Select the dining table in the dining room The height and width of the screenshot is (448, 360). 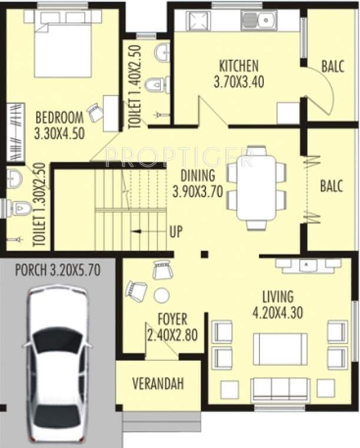(x=256, y=188)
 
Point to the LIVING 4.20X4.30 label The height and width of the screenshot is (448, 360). (x=278, y=305)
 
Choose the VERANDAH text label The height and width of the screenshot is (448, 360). (x=158, y=384)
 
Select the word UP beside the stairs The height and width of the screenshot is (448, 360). (x=175, y=232)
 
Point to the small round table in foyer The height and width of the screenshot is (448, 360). (x=161, y=295)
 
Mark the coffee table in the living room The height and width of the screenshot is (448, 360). (x=280, y=349)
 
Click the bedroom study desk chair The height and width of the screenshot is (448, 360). (x=95, y=112)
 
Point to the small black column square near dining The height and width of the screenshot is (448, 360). (x=204, y=255)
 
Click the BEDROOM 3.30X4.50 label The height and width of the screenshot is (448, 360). (x=59, y=124)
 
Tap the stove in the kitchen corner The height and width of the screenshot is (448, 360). (x=198, y=21)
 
